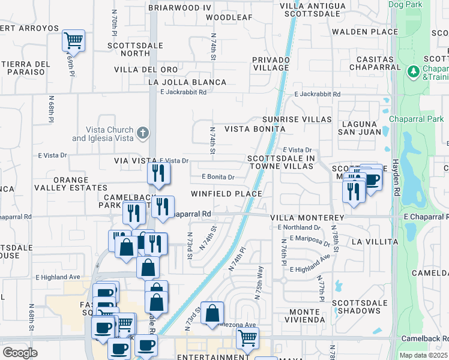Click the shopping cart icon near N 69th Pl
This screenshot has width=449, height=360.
pos(73,41)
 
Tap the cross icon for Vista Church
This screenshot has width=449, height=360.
pos(142,133)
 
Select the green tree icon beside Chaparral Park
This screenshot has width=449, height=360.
pos(412,72)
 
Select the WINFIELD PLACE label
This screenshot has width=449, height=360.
pos(226,194)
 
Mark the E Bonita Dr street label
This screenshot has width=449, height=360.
pos(218,177)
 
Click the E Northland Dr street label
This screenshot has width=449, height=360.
pos(300,227)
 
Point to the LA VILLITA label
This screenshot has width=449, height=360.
pos(374,242)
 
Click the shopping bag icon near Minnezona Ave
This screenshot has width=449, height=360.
pos(212,313)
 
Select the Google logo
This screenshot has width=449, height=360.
pos(20,352)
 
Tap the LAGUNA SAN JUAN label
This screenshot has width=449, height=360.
pos(360,127)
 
